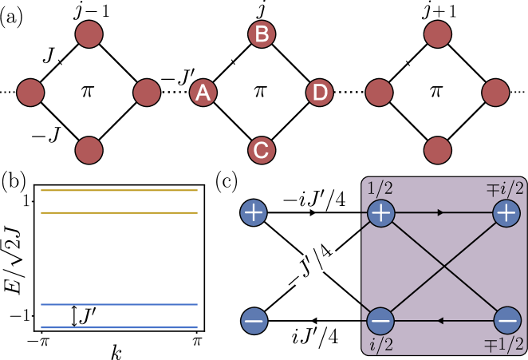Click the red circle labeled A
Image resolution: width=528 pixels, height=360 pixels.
(203, 93)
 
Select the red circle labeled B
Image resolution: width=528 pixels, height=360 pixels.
(261, 34)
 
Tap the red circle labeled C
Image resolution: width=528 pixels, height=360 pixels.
(261, 150)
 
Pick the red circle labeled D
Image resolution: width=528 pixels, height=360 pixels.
(320, 93)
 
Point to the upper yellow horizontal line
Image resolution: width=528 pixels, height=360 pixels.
(119, 190)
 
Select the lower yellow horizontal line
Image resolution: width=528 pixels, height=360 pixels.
(119, 213)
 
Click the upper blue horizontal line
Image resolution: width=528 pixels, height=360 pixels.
(119, 304)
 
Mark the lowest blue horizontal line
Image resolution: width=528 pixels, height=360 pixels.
(119, 327)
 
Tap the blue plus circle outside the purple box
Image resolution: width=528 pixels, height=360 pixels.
(254, 212)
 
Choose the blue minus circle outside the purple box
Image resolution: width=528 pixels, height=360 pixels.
(254, 321)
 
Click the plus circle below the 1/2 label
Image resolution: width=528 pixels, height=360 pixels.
(380, 213)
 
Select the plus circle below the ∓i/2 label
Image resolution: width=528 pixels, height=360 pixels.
(506, 213)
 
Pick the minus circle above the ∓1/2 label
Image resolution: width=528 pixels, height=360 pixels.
(506, 320)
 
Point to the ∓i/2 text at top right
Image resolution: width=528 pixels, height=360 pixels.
(506, 188)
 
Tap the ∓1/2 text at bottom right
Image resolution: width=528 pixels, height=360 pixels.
(506, 344)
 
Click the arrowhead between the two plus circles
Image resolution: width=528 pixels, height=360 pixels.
(439, 213)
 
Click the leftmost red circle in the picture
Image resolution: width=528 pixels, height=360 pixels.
(30, 93)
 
